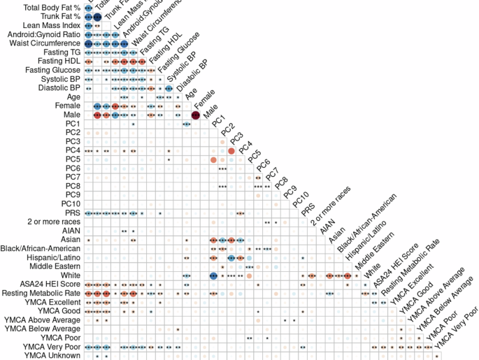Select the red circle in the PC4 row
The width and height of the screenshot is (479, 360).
tap(231, 150)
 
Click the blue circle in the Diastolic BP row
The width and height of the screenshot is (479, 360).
tap(169, 88)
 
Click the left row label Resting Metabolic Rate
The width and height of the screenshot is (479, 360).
tap(41, 293)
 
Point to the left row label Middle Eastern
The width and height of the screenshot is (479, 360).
tap(54, 266)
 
